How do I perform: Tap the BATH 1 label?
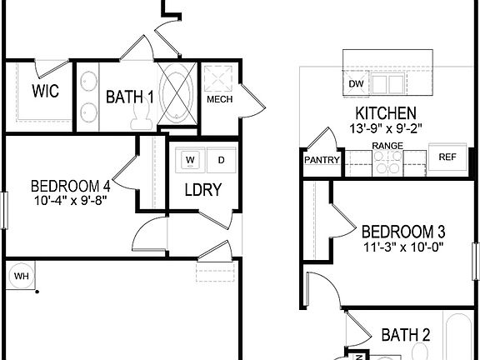[129, 97]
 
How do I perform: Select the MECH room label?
[218, 101]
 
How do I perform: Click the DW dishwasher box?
[357, 85]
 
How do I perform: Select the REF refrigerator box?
[447, 157]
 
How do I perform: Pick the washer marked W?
[191, 159]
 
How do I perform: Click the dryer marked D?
[221, 159]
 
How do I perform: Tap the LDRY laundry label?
[202, 190]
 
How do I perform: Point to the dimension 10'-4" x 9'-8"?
[70, 199]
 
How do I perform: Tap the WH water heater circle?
[18, 273]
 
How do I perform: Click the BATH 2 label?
[406, 335]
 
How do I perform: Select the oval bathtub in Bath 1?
[176, 94]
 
